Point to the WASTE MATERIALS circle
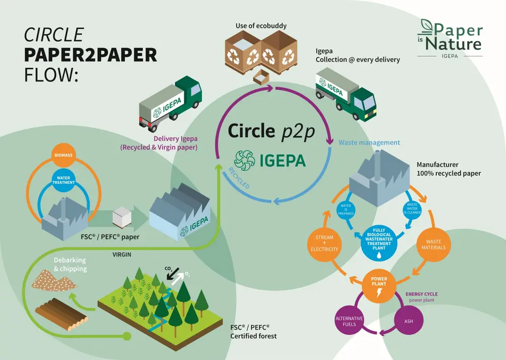433,245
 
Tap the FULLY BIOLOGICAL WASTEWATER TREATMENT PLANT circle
379,238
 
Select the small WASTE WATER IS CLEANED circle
411,209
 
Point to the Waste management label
369,143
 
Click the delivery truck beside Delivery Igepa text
170,101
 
